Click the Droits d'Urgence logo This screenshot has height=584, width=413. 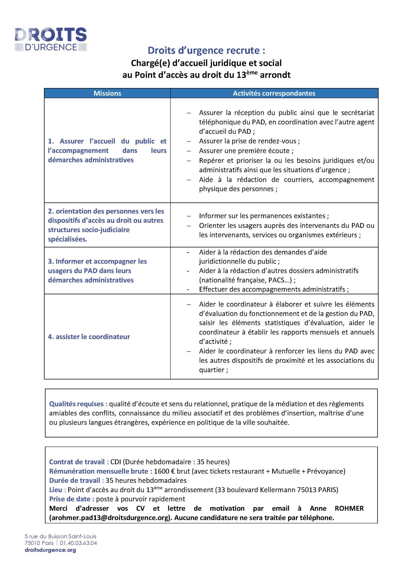click(x=51, y=39)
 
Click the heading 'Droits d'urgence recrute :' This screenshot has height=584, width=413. click(x=206, y=50)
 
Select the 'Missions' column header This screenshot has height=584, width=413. click(x=107, y=93)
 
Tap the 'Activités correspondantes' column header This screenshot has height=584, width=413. click(x=274, y=93)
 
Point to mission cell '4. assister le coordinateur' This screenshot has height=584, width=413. click(x=89, y=337)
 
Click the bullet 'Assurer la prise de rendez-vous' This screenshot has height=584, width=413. click(x=249, y=141)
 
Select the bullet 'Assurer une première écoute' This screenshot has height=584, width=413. click(x=246, y=151)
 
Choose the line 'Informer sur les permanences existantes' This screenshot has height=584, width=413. click(x=264, y=216)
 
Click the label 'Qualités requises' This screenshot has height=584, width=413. click(x=76, y=404)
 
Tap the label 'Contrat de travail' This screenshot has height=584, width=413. click(x=77, y=462)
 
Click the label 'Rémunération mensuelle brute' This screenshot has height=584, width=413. click(x=99, y=471)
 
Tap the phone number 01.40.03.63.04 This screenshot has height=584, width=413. click(x=78, y=543)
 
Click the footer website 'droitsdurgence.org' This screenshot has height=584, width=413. click(x=50, y=550)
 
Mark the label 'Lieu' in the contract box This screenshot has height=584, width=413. click(x=56, y=490)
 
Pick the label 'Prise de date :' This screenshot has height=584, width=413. click(x=72, y=499)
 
